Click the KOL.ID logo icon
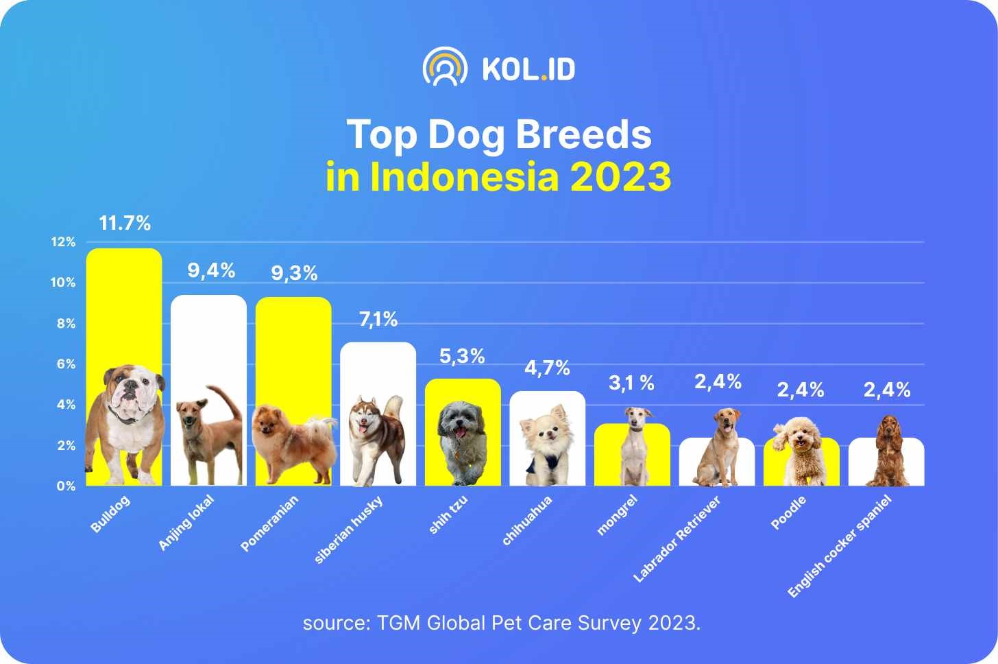[x=445, y=67]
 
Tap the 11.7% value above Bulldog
[x=125, y=223]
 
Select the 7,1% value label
[x=378, y=319]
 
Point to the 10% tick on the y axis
[x=63, y=283]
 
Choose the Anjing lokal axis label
[x=186, y=523]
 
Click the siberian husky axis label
[x=348, y=530]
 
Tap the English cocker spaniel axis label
[x=839, y=546]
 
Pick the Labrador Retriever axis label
[x=677, y=540]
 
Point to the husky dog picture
[x=376, y=439]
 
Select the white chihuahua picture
[x=546, y=442]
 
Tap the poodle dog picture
[x=800, y=449]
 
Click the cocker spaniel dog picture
[x=890, y=449]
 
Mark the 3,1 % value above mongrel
[x=631, y=383]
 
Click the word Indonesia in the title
[x=465, y=177]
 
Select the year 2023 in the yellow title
[x=620, y=177]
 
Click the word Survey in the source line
[x=610, y=624]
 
